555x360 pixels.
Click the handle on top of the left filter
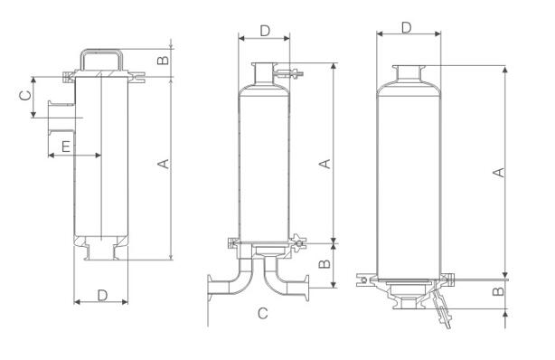pyautogui.click(x=101, y=52)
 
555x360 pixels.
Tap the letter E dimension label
pyautogui.click(x=66, y=147)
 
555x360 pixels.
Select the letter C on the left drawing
pyautogui.click(x=26, y=95)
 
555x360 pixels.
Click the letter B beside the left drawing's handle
pyautogui.click(x=163, y=61)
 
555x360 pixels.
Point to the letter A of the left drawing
pyautogui.click(x=164, y=164)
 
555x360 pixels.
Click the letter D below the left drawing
pyautogui.click(x=102, y=295)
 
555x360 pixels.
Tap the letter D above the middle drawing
pyautogui.click(x=265, y=31)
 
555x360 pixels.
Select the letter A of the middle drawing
pyautogui.click(x=325, y=164)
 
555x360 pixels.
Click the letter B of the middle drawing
pyautogui.click(x=325, y=263)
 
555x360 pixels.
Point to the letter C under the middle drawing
pyautogui.click(x=263, y=313)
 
